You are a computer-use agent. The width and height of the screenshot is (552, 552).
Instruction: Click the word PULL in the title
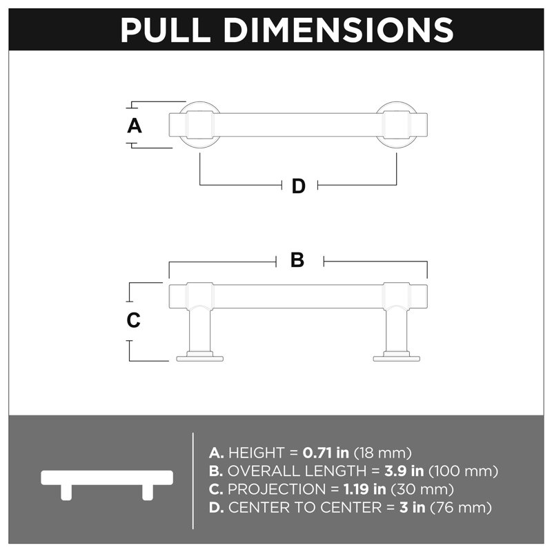166,30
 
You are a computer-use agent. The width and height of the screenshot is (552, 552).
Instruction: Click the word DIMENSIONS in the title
339,30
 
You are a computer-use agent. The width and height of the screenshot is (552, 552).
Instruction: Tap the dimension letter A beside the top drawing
135,126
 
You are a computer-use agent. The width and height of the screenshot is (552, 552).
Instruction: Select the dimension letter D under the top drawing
299,186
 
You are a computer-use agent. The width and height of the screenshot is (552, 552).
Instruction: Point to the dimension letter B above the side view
297,260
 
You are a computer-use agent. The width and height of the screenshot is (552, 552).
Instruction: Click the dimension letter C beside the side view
133,320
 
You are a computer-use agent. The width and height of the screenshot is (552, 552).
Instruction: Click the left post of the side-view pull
199,331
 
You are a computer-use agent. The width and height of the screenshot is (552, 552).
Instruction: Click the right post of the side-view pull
397,331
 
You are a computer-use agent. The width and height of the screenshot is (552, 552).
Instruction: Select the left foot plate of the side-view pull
199,359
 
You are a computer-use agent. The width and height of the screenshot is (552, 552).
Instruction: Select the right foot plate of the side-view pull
396,359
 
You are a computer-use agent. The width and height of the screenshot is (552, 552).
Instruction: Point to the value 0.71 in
326,453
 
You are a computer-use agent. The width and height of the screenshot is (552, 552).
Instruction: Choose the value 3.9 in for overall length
404,471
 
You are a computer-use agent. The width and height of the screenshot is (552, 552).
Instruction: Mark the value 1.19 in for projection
365,489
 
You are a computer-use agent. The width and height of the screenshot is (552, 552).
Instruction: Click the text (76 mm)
461,508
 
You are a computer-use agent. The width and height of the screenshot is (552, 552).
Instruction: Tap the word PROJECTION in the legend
277,489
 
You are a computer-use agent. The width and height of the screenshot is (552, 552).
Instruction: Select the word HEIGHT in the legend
256,453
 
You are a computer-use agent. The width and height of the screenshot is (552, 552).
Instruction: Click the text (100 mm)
463,471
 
